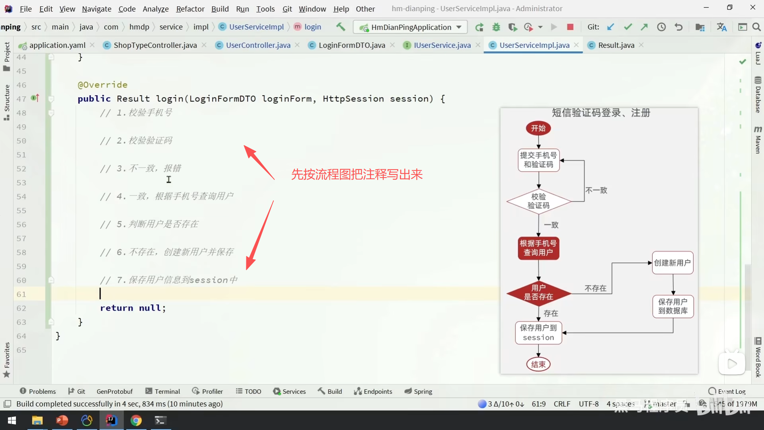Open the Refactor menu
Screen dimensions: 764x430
tap(190, 9)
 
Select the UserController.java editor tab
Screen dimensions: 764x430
tap(258, 45)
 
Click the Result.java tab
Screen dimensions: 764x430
tap(616, 45)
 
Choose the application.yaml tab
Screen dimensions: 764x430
tap(57, 45)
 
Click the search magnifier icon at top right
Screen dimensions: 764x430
tap(756, 27)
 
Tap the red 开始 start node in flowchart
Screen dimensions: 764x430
tap(538, 128)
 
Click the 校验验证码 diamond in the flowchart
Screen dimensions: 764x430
tap(538, 201)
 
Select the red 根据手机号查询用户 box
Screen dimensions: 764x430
tap(538, 248)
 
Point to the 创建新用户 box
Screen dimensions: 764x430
tap(672, 263)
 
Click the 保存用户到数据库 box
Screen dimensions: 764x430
tap(673, 306)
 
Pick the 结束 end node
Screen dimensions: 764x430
tap(538, 364)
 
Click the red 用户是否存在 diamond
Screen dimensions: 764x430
tap(538, 293)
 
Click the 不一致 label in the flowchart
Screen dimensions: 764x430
tap(596, 190)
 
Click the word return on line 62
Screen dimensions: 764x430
tap(117, 308)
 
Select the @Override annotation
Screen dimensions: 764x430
tap(103, 85)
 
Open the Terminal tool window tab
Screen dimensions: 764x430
tap(163, 391)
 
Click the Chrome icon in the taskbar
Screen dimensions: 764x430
tap(136, 420)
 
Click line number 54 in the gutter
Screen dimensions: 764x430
tap(21, 197)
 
